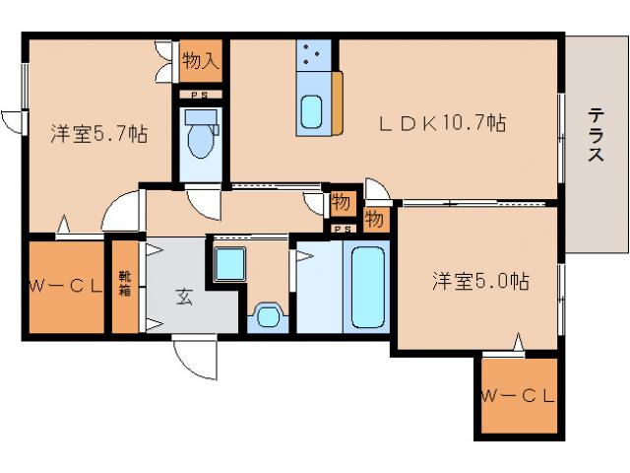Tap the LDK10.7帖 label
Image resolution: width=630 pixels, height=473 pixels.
tap(444, 124)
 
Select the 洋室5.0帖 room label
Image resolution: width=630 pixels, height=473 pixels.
tap(480, 282)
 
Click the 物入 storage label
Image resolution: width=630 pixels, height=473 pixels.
tap(201, 62)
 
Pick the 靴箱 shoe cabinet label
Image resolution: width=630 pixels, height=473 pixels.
tap(125, 287)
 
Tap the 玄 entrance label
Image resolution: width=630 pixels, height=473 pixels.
tap(184, 295)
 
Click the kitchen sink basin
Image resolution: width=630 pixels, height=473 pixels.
tap(312, 113)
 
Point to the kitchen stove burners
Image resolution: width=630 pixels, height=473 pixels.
tap(315, 56)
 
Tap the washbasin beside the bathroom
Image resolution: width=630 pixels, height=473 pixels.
tap(267, 316)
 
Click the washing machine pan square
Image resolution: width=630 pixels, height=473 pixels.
tap(231, 264)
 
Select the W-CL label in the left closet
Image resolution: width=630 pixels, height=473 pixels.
tap(64, 287)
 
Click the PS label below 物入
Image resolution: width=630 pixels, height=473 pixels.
tap(200, 96)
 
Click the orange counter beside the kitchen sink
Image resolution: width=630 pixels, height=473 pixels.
tap(338, 103)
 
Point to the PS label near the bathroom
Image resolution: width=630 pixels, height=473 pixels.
tap(342, 230)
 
